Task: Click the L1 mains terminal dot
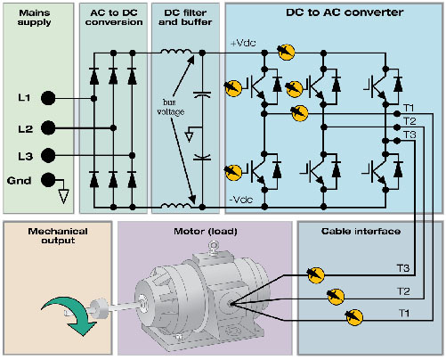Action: (48, 98)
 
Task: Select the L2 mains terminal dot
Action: (48, 128)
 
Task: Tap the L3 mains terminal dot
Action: (48, 155)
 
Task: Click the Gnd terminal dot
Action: (48, 180)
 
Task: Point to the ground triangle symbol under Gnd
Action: (63, 196)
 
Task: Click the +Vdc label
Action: (243, 43)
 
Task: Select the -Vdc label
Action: (241, 200)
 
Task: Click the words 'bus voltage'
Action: (170, 107)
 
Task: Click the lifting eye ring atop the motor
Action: (213, 246)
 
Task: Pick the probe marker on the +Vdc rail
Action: (286, 52)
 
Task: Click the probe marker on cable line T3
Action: (315, 275)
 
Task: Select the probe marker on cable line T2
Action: (336, 296)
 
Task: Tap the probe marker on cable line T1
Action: (354, 317)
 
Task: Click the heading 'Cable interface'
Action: (361, 232)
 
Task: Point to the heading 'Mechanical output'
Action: (58, 236)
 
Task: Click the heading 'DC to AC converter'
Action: (345, 12)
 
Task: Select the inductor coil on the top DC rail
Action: (176, 52)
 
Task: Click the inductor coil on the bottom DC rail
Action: (176, 205)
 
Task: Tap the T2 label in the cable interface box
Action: (403, 291)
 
